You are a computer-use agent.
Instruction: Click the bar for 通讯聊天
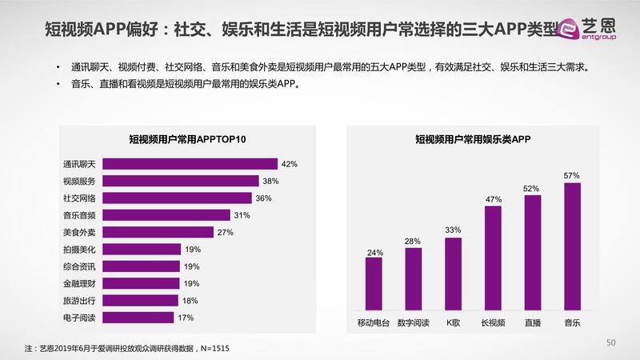(x=191, y=164)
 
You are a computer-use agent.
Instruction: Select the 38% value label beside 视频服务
(x=270, y=181)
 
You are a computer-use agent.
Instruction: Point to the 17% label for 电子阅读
(x=186, y=318)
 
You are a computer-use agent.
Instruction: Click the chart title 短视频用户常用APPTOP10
(x=186, y=139)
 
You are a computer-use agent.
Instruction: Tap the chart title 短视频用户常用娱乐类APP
(x=473, y=139)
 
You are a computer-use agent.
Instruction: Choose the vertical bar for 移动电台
(x=374, y=283)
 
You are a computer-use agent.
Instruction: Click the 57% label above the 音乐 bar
(x=571, y=174)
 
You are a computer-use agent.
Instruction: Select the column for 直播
(x=532, y=251)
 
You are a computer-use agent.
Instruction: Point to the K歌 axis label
(x=453, y=323)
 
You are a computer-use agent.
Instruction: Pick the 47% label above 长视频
(x=493, y=198)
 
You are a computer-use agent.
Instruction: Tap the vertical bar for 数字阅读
(x=414, y=278)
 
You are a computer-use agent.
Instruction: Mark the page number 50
(x=610, y=343)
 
